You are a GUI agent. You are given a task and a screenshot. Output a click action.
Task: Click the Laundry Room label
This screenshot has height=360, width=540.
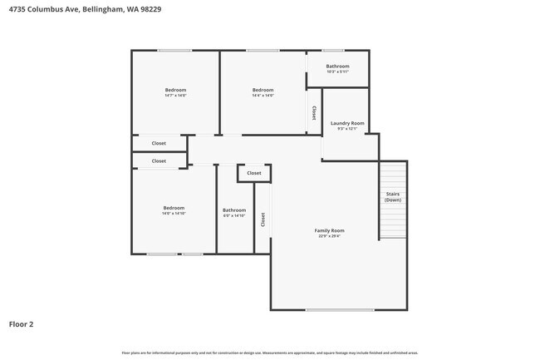click(x=346, y=123)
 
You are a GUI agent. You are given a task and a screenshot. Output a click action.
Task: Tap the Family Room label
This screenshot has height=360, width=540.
click(x=329, y=230)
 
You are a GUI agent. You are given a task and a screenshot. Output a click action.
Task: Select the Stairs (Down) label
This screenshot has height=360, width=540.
click(x=393, y=197)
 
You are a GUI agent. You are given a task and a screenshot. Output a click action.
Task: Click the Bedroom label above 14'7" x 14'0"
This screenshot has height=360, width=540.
click(x=175, y=90)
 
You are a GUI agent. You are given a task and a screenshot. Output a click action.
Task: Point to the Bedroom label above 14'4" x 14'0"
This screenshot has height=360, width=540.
click(x=263, y=90)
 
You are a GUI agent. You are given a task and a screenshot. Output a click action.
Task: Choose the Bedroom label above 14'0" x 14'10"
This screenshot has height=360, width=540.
click(x=174, y=208)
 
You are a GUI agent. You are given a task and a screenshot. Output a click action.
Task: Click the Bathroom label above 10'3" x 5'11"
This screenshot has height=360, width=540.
click(x=337, y=66)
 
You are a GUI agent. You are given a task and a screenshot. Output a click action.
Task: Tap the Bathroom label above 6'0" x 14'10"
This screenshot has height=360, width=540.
click(x=234, y=210)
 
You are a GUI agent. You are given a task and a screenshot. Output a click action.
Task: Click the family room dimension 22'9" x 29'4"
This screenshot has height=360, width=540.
click(x=329, y=236)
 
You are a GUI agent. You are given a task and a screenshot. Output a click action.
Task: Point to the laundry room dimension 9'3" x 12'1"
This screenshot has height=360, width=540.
click(x=346, y=129)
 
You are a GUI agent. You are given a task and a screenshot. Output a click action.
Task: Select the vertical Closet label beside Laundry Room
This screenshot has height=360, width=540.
click(x=313, y=112)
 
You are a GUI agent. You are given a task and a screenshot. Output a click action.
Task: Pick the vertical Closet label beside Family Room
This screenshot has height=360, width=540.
click(x=263, y=219)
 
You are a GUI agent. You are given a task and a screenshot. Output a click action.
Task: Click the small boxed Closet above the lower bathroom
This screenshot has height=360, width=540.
click(x=254, y=173)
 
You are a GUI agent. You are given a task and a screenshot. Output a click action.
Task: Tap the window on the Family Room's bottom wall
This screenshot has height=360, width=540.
click(x=327, y=310)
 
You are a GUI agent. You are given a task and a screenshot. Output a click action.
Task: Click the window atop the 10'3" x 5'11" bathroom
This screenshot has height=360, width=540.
click(x=337, y=51)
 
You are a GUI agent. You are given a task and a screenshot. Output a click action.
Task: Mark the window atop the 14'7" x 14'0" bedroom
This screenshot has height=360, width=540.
click(x=174, y=51)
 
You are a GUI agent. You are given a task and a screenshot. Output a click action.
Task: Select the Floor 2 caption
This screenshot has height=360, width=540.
click(x=22, y=324)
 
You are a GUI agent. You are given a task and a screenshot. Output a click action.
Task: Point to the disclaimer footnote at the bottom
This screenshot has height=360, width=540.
click(x=269, y=353)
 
